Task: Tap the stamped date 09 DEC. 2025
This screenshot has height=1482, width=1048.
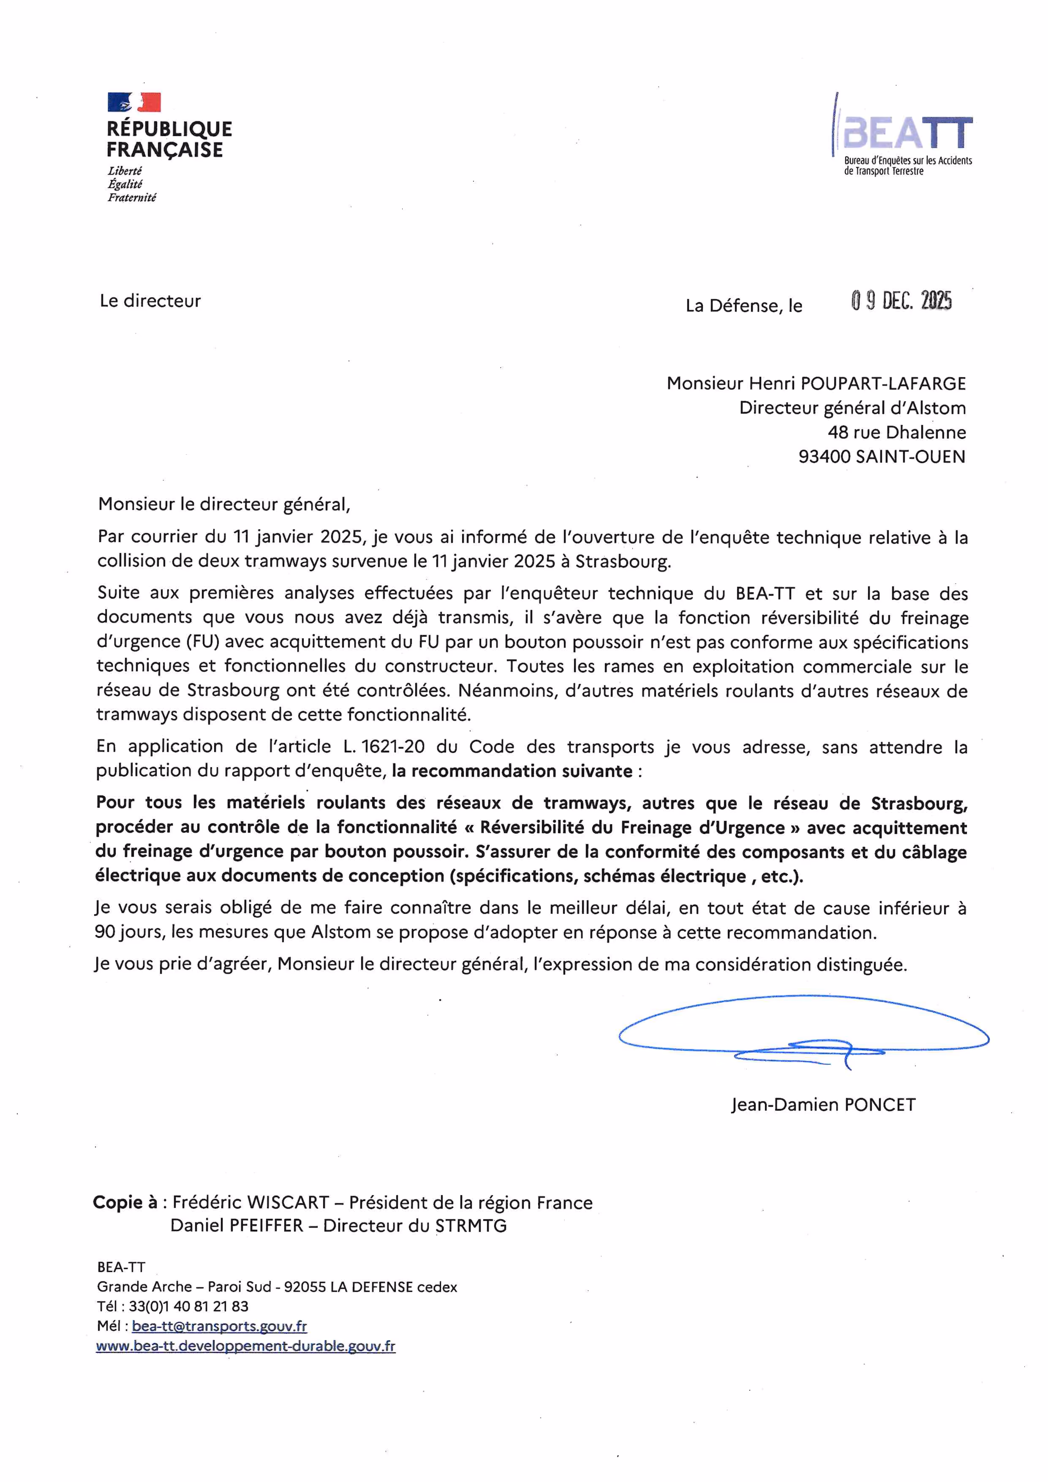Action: [x=901, y=301]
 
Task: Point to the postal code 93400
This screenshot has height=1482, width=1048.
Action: [x=824, y=457]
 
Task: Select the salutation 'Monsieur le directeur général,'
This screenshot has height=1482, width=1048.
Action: [x=224, y=504]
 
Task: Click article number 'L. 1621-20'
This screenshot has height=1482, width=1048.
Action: [x=383, y=747]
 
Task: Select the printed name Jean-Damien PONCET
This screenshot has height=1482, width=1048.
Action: [x=823, y=1105]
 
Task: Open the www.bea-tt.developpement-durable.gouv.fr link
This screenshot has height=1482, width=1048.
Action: [x=245, y=1346]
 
